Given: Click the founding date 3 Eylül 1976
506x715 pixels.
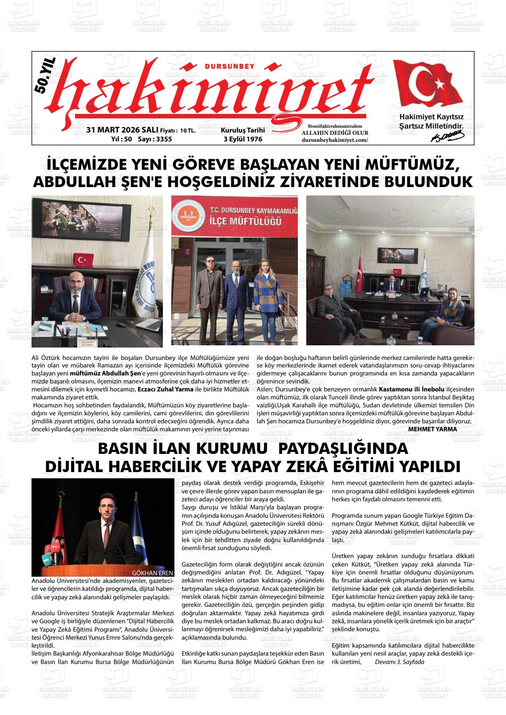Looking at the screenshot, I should (243, 139).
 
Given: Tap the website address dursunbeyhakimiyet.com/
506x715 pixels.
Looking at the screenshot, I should (335, 140).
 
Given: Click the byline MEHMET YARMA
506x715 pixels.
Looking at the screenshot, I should (432, 429).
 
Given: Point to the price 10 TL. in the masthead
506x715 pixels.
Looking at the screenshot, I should (188, 131).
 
